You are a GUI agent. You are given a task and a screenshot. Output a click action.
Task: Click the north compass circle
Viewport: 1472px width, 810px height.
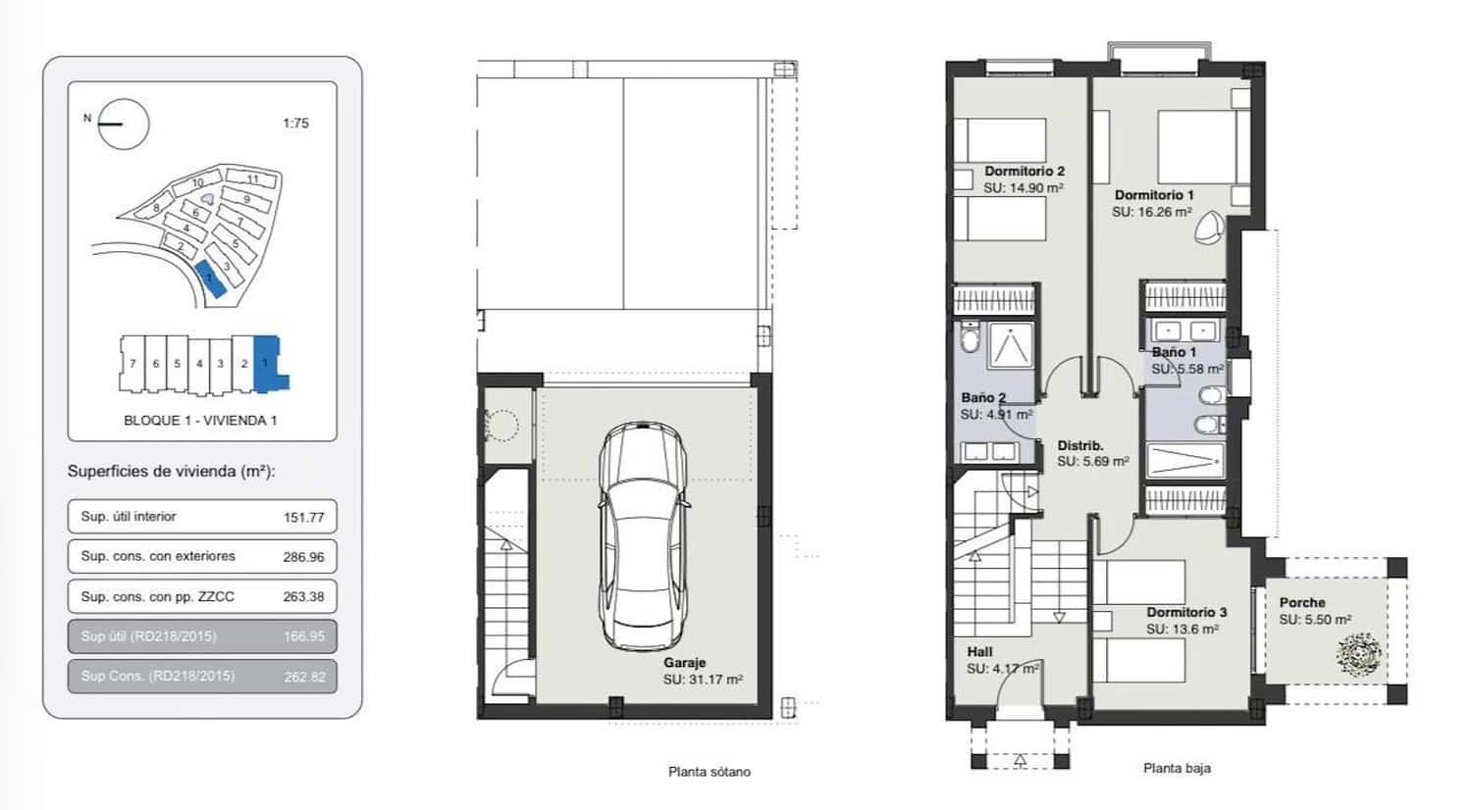click(x=124, y=125)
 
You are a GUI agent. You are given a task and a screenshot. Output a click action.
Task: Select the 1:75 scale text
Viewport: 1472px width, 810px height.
click(x=295, y=124)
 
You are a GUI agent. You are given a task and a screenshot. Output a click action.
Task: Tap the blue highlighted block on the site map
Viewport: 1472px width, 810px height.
click(x=209, y=278)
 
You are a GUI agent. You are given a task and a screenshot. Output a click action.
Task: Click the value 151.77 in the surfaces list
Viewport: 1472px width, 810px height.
click(x=304, y=518)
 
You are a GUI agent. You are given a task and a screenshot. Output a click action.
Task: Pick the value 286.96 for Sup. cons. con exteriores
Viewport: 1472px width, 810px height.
click(x=304, y=557)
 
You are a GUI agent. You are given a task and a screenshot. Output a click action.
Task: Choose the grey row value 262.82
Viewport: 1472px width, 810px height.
click(x=304, y=677)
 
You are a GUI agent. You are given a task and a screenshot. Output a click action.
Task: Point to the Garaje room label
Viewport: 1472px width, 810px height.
click(x=684, y=663)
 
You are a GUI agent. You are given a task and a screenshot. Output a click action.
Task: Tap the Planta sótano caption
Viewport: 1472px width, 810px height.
click(x=709, y=772)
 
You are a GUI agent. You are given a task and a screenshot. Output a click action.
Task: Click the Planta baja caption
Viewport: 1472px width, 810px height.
click(x=1177, y=769)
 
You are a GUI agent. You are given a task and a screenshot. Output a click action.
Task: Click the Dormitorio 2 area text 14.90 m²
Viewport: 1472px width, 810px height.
click(x=1024, y=187)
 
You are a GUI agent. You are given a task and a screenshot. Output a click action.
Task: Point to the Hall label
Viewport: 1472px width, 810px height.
click(x=979, y=652)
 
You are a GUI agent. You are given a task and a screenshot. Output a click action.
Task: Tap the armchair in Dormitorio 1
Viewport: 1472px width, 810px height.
click(x=1209, y=228)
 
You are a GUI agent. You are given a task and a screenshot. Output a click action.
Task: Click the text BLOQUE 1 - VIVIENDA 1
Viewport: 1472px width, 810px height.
click(x=200, y=421)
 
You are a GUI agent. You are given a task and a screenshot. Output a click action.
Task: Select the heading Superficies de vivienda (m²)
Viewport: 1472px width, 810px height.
click(x=172, y=472)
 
